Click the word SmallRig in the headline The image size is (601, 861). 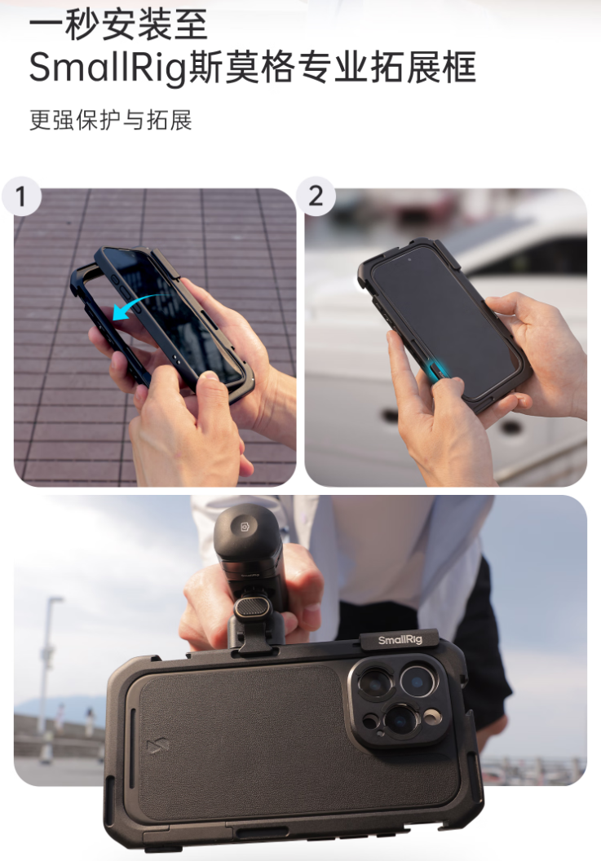[x=107, y=68]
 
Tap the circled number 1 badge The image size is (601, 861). [x=21, y=196]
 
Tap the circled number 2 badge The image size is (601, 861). [x=316, y=196]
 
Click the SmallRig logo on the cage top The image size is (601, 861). [x=400, y=640]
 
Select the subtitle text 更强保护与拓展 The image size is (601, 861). [x=110, y=120]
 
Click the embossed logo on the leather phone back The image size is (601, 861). [x=157, y=747]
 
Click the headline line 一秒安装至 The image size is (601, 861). [x=118, y=24]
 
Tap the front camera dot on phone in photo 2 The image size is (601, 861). [x=409, y=258]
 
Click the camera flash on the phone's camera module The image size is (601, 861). [x=432, y=715]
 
